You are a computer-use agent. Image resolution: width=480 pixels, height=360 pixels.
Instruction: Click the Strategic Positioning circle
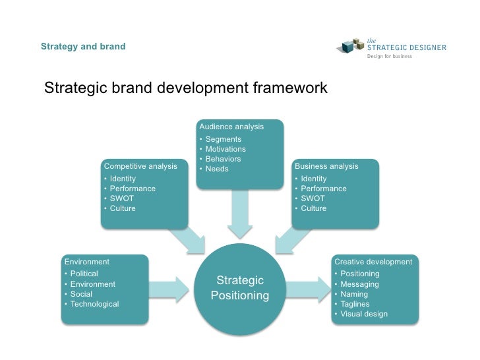[x=240, y=288]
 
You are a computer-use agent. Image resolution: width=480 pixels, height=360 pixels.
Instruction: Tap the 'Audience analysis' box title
[x=231, y=127]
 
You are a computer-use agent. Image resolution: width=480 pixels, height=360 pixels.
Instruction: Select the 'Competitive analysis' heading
[x=140, y=166]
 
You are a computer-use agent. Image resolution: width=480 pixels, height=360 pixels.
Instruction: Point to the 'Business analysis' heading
[x=326, y=166]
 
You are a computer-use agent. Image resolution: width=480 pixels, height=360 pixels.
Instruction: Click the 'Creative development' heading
[x=373, y=262]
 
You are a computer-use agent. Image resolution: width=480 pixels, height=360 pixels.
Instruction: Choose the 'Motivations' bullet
[x=225, y=149]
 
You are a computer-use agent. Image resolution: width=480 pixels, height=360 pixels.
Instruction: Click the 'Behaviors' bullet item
[x=223, y=159]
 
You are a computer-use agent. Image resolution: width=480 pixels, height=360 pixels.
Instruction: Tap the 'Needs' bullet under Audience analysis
[x=217, y=169]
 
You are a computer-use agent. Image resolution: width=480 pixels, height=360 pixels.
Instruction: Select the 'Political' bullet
[x=84, y=274]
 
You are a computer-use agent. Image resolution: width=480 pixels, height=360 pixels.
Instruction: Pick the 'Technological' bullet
[x=94, y=304]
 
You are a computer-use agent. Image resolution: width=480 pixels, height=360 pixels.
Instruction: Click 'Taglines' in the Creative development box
[x=355, y=304]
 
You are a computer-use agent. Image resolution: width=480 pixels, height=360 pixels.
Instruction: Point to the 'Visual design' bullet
[x=364, y=314]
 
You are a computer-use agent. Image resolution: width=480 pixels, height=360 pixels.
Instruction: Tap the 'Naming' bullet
[x=354, y=294]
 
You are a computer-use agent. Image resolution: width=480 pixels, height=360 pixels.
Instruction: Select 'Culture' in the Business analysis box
[x=314, y=208]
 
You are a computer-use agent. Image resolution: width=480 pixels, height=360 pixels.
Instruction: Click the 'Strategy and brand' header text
[x=83, y=47]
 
